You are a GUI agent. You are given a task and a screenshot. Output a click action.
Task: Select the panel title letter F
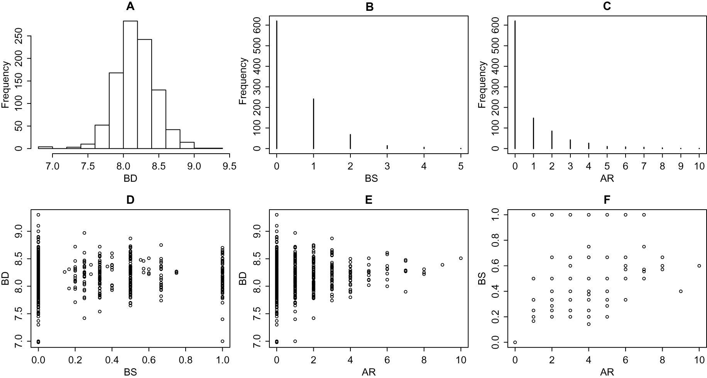click(x=607, y=200)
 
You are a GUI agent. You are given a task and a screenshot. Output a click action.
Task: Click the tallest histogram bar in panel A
click(x=130, y=85)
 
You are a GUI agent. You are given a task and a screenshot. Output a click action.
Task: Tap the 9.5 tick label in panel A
click(x=230, y=166)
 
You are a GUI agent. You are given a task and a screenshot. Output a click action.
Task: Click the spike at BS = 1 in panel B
click(x=314, y=124)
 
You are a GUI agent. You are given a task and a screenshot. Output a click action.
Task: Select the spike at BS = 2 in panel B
click(x=350, y=141)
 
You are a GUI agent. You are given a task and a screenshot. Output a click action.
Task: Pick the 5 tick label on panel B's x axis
click(x=461, y=166)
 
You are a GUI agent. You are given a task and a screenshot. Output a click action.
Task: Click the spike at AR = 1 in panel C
click(x=533, y=133)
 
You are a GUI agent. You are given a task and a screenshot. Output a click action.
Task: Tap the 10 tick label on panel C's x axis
click(x=699, y=166)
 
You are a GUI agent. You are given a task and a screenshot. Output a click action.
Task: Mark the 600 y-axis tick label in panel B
click(x=260, y=25)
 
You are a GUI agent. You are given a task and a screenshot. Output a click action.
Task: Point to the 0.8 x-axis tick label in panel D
click(x=186, y=360)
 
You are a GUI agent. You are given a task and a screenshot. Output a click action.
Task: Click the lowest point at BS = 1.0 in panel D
click(x=223, y=341)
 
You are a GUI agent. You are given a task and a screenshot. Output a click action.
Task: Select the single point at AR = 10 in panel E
click(x=461, y=258)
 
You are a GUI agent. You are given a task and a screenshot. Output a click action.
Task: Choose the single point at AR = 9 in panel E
click(x=442, y=265)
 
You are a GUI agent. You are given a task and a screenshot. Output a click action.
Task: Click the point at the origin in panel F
click(x=515, y=342)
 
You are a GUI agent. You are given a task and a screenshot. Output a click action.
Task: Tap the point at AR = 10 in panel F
click(x=699, y=266)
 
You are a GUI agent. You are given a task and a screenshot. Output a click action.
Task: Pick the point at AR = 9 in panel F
click(x=681, y=291)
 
